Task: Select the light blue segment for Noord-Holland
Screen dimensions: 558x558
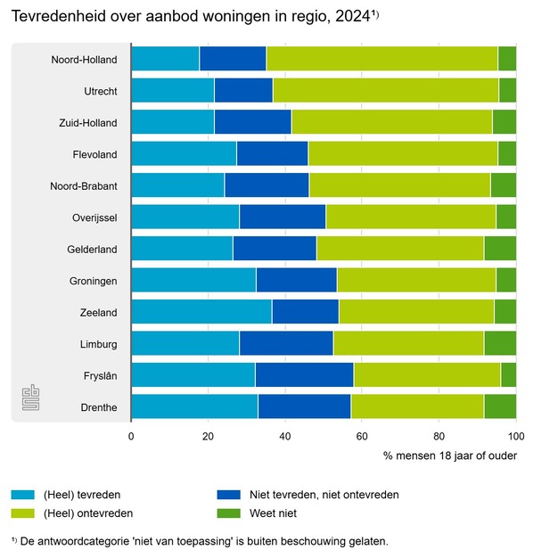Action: pyautogui.click(x=165, y=58)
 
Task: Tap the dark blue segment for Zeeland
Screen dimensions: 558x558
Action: pyautogui.click(x=305, y=311)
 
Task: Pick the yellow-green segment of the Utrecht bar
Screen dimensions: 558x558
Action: pyautogui.click(x=385, y=90)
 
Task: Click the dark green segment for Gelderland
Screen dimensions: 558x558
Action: pyautogui.click(x=499, y=248)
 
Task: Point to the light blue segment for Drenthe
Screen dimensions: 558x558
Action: pyautogui.click(x=194, y=406)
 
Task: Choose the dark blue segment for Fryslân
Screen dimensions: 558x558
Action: pyautogui.click(x=304, y=374)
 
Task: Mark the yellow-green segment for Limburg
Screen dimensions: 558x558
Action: pyautogui.click(x=408, y=343)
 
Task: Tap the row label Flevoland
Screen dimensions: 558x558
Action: pyautogui.click(x=95, y=154)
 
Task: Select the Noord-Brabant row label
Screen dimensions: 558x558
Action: pyautogui.click(x=85, y=185)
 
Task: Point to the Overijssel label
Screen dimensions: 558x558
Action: pyautogui.click(x=94, y=217)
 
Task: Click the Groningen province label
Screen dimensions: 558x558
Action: pyautogui.click(x=94, y=280)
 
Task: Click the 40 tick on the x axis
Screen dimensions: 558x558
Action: pyautogui.click(x=285, y=436)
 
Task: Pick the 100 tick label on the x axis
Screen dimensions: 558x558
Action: pyautogui.click(x=515, y=436)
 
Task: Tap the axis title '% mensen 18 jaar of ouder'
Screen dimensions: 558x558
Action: pyautogui.click(x=450, y=455)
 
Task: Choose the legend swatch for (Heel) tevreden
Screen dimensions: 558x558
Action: pyautogui.click(x=23, y=494)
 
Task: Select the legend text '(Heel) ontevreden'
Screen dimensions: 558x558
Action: pyautogui.click(x=88, y=513)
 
